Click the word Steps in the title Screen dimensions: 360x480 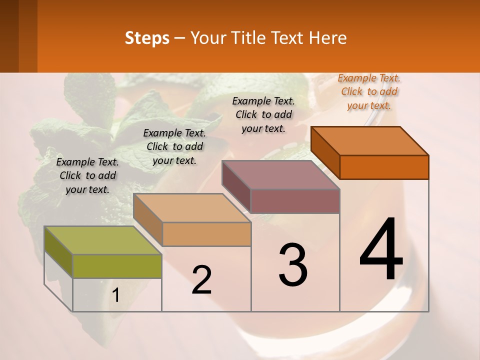coord(147,38)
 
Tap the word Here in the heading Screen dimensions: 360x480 coord(328,38)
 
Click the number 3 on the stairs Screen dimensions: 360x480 coord(293,265)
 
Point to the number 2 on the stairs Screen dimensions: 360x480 coord(201,280)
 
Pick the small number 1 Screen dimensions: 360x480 coord(116,296)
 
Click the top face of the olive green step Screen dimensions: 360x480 coord(103,240)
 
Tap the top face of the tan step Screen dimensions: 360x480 coord(192,207)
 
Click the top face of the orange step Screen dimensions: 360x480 coord(370,140)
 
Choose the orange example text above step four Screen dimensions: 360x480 coord(369,91)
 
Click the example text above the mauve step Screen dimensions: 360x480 coord(263,114)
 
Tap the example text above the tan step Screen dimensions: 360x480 coord(174,146)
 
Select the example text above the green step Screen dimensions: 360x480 coord(87,175)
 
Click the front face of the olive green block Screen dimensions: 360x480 coord(117,266)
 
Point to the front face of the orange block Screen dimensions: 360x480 coord(384,167)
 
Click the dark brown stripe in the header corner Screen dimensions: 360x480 coord(27,36)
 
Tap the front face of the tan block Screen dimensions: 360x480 coord(206,234)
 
